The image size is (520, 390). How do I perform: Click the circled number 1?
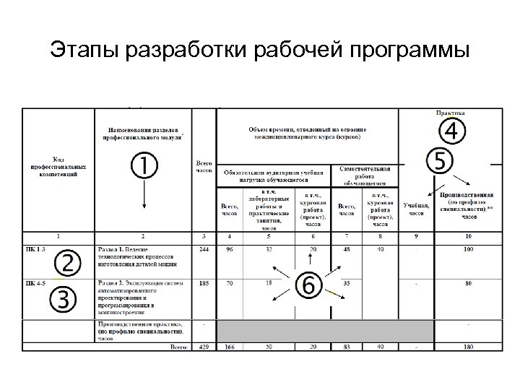tap(144, 166)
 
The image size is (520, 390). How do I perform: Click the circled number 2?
tap(66, 263)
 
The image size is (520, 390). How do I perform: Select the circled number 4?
tap(451, 132)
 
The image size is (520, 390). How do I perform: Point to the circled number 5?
tap(440, 161)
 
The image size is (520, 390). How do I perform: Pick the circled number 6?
tap(308, 285)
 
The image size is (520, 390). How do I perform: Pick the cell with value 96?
tap(229, 249)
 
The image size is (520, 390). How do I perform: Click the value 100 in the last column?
tap(469, 249)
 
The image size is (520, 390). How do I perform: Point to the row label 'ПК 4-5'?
tap(37, 282)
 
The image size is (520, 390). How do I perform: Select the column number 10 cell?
tap(469, 236)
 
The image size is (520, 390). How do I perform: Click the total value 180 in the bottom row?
tap(469, 347)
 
